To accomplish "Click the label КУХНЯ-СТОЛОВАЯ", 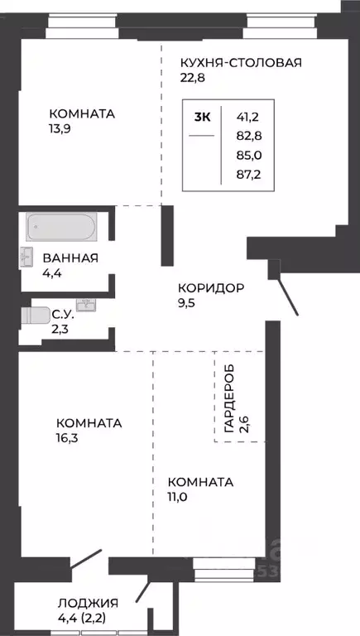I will point(241,62).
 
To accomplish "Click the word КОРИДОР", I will point(210,288).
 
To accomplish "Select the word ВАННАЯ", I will point(71,258).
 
